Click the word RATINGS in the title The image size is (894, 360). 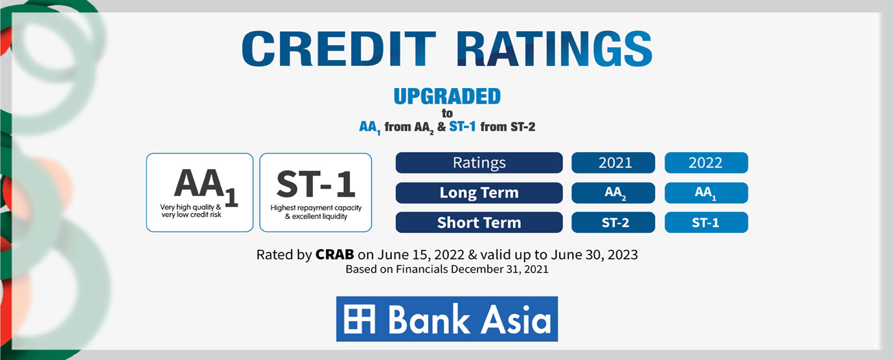click(x=554, y=49)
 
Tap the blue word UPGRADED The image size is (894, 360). click(x=447, y=96)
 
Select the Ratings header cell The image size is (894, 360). click(x=479, y=163)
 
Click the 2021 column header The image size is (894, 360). click(x=613, y=163)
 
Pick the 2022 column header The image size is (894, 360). click(x=706, y=163)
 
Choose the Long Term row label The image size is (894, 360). click(x=479, y=193)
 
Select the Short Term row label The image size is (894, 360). click(x=479, y=222)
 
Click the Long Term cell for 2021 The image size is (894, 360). click(x=613, y=193)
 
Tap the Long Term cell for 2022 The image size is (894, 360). click(x=706, y=193)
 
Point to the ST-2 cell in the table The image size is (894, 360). click(x=613, y=222)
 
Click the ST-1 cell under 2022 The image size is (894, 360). click(x=706, y=222)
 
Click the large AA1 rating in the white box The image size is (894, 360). click(x=206, y=186)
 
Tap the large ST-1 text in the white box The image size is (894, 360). click(x=315, y=184)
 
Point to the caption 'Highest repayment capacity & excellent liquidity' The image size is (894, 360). click(x=315, y=212)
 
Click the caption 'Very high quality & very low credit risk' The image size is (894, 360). click(x=190, y=210)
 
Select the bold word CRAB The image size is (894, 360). click(x=334, y=254)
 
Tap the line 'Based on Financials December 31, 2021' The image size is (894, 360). click(x=447, y=269)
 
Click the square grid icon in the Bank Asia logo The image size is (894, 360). click(x=360, y=319)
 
